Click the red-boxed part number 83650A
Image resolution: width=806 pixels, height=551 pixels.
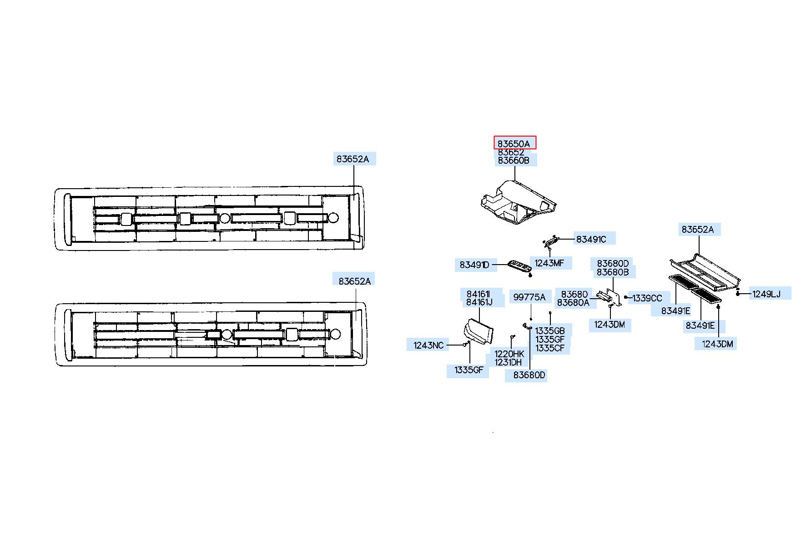coord(514,143)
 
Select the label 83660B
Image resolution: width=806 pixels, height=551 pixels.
coord(514,160)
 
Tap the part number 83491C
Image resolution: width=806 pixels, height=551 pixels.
coord(591,239)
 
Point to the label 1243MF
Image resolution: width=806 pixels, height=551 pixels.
coord(549,263)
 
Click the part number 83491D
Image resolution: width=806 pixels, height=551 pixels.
coord(474,265)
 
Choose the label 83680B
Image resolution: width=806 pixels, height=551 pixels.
coord(613,272)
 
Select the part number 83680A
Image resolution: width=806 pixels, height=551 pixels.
coord(573,303)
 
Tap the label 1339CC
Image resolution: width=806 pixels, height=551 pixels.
coord(647,298)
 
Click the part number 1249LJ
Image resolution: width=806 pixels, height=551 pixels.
coord(766,294)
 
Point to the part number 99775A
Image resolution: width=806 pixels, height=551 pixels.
coord(529,297)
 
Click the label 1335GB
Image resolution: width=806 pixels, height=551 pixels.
coord(550,331)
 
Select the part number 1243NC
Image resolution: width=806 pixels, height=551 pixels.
coord(428,346)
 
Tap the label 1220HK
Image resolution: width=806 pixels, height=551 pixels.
coord(509,354)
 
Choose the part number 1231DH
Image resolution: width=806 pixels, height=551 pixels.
coord(508,362)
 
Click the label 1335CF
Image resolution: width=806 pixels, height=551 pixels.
coord(550,348)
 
